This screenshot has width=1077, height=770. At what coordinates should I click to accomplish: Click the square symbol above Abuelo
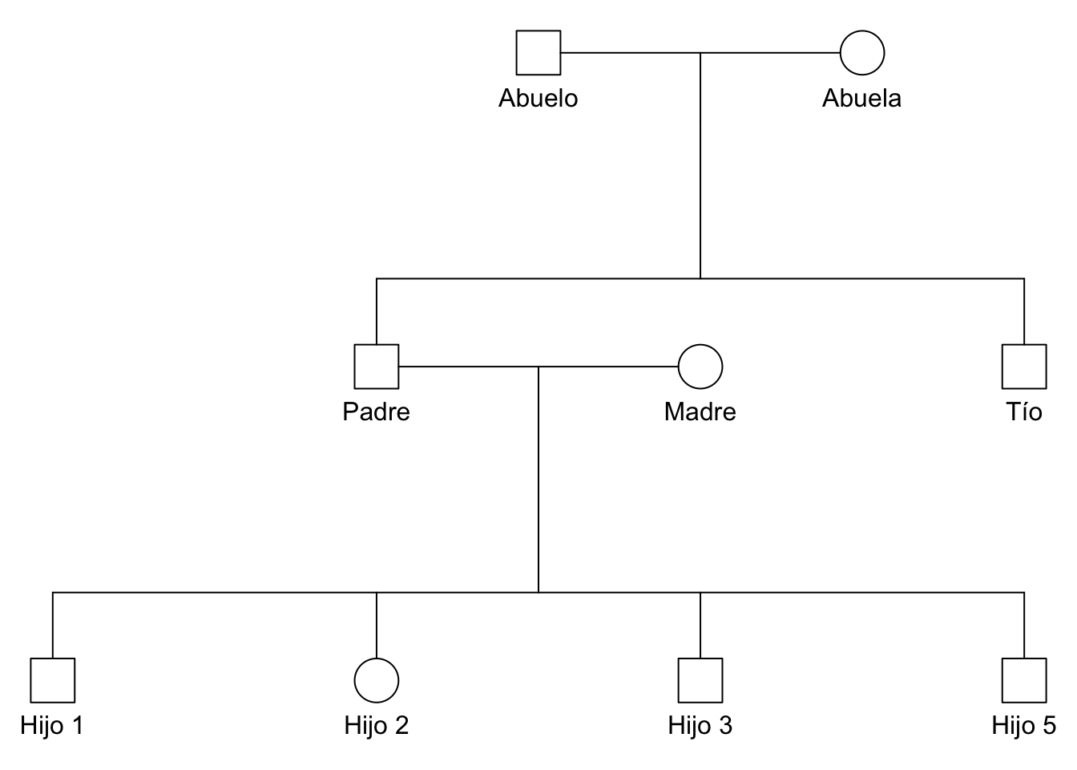538,53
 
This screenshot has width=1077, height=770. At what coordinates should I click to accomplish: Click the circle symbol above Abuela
862,53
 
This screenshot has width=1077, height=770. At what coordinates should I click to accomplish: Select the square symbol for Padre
377,367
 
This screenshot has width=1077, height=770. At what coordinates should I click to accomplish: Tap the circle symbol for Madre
700,367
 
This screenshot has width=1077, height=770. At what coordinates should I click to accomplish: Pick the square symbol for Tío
1024,367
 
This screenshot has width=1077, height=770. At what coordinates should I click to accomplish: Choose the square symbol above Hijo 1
53,680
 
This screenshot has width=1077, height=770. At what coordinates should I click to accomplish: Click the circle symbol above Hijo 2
377,680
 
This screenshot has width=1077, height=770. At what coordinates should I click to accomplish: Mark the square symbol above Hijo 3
700,680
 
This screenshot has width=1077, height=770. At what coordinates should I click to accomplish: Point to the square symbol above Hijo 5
1024,680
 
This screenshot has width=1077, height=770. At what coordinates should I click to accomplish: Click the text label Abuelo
538,98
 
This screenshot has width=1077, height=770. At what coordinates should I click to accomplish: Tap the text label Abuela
862,98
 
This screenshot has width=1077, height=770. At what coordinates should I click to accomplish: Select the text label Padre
377,411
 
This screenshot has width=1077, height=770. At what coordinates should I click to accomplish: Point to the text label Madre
700,411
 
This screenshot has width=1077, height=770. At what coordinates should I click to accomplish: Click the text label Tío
1024,411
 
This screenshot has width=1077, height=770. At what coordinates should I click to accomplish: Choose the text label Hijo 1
53,725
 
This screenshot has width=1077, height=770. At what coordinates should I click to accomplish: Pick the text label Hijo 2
377,725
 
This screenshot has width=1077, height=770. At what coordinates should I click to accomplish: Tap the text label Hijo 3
700,725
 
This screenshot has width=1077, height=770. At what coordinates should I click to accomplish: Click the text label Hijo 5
1024,725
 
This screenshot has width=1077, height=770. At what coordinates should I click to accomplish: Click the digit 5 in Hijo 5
1049,725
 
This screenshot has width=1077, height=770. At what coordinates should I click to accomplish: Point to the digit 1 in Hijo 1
77,725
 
